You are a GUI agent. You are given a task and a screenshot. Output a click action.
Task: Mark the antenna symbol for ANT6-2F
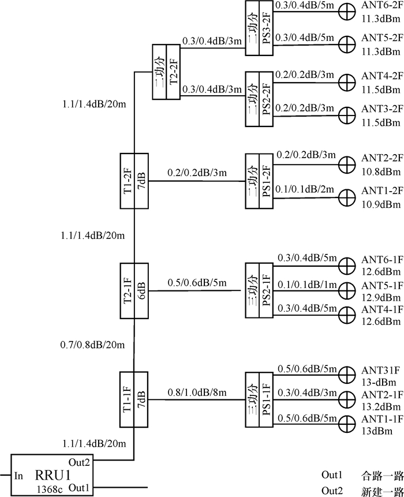point(347,10)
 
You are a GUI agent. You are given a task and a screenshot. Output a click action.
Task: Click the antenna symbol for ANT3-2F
point(347,113)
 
